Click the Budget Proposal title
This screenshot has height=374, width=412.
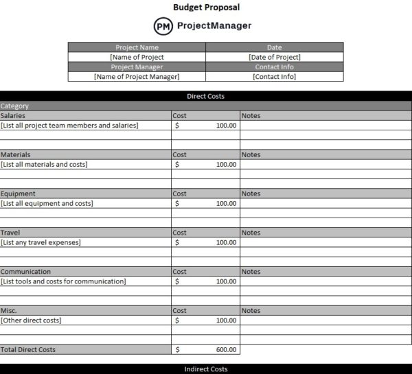coord(206,8)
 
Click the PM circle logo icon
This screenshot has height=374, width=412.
coord(163,26)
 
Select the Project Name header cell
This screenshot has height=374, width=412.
coord(137,47)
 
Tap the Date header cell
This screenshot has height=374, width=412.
coord(274,47)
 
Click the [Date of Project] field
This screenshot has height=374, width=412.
coord(274,57)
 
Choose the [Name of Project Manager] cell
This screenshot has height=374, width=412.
coord(137,77)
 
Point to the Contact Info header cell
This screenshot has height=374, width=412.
coord(274,67)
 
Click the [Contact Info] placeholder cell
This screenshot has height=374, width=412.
coord(274,77)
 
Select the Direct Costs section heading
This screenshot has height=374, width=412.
coord(205,96)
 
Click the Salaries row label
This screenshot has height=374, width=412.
coord(13,116)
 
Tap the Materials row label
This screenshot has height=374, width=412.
coord(15,155)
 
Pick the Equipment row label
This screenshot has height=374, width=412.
coord(18,194)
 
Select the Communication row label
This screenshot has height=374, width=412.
coord(25,272)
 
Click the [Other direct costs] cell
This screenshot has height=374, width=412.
coord(31,320)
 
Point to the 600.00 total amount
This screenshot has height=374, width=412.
coord(226,350)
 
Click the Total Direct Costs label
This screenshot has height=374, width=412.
coord(28,350)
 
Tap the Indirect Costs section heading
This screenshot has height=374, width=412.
coord(205,369)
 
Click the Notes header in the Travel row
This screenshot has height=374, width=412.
coord(251,233)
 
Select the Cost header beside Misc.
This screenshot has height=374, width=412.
coord(180,311)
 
